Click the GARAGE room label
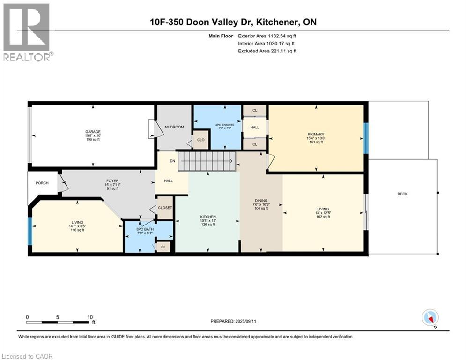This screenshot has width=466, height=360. click(x=93, y=132)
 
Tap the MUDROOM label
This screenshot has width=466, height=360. click(x=174, y=127)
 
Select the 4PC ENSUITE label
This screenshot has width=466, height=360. click(x=225, y=125)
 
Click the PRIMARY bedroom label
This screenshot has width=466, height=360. click(x=316, y=134)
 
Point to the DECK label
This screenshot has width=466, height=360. click(x=402, y=194)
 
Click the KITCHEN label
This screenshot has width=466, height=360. click(x=208, y=217)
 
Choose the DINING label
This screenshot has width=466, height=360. click(x=261, y=201)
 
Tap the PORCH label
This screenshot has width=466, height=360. click(x=42, y=183)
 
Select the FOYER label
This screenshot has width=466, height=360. click(x=112, y=181)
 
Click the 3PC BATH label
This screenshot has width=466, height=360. click(x=145, y=229)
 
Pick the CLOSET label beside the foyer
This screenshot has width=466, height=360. click(x=165, y=208)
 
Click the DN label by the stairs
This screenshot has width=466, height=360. click(x=173, y=161)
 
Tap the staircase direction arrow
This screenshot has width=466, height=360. click(x=207, y=161)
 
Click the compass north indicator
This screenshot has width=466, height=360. click(x=430, y=318)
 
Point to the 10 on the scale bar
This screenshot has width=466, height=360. click(x=90, y=317)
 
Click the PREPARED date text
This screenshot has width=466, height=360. click(x=233, y=321)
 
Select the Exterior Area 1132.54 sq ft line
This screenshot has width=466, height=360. click(x=267, y=36)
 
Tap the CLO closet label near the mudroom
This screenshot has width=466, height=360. click(x=200, y=140)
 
